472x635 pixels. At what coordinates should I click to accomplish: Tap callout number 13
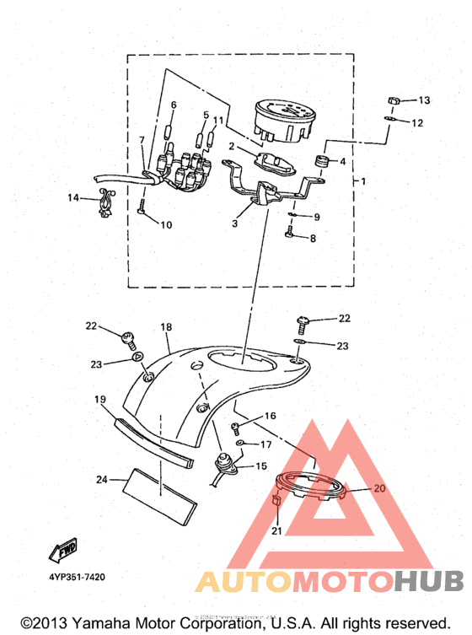point(424,100)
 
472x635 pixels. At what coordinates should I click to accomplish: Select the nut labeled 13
point(394,100)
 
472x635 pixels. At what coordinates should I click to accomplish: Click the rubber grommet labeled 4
point(322,160)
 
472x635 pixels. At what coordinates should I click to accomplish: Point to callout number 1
point(363,181)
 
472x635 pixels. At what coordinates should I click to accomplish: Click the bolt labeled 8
point(290,232)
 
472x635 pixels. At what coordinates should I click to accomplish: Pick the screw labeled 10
point(142,207)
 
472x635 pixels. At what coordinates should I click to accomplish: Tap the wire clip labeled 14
point(107,202)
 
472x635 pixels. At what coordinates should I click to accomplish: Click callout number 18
point(166,326)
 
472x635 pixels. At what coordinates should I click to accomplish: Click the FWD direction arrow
point(63,550)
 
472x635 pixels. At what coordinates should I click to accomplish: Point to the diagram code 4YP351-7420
point(77,577)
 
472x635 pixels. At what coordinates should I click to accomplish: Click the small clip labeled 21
point(276,500)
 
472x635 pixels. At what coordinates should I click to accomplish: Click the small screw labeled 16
point(235,428)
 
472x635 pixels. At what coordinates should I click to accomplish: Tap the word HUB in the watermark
point(429,581)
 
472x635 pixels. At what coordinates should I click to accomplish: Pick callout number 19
point(100,400)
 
